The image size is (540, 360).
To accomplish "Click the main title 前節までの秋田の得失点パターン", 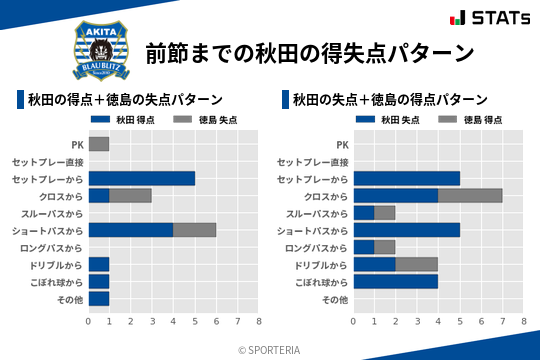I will [309, 52].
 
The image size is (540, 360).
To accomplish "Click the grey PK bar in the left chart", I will [99, 144].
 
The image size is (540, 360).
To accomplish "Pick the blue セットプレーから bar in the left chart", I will [141, 178].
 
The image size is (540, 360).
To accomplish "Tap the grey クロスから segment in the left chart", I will [131, 195].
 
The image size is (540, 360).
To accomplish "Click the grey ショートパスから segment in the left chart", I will [194, 230].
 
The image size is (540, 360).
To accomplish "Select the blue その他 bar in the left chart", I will [99, 298].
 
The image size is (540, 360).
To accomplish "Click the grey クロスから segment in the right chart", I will [470, 195].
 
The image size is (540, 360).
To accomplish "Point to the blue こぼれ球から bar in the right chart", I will [396, 281].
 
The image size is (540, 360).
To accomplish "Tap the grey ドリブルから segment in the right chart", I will [417, 264].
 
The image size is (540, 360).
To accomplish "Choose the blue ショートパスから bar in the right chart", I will [406, 230].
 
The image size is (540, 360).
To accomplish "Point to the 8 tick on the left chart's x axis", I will [258, 321].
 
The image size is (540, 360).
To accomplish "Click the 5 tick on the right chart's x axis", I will [460, 321].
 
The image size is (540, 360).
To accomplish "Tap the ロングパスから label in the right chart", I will [317, 247].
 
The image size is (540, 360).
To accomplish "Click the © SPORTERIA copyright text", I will [270, 349].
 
